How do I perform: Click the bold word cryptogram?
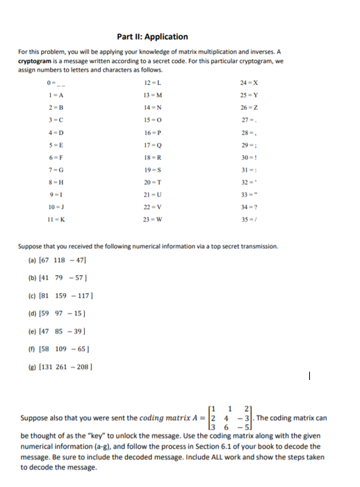coord(38,60)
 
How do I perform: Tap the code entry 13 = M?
coord(153,94)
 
